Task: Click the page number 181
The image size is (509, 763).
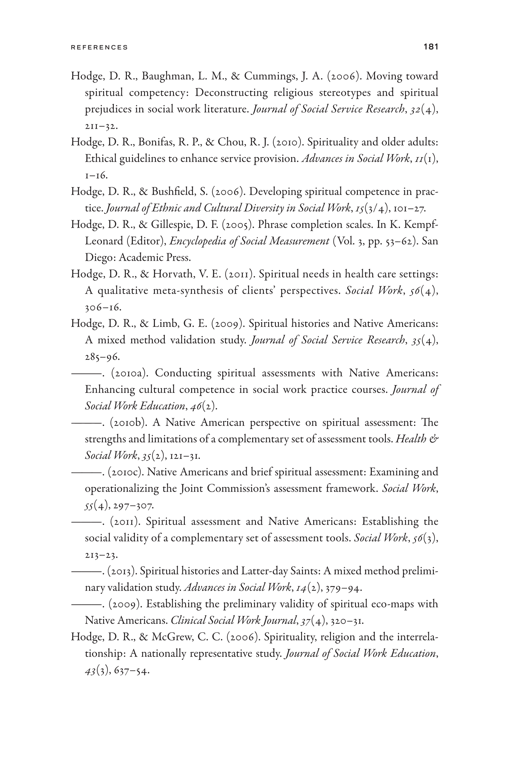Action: tap(431, 47)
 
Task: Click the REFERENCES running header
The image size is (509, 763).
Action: tap(99, 47)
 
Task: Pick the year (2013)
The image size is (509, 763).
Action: tap(122, 571)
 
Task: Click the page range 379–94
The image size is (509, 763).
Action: tap(343, 588)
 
